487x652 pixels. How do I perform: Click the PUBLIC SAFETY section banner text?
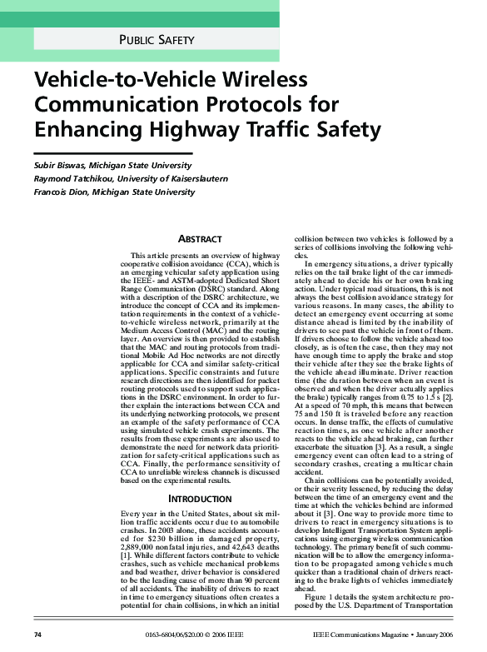click(x=157, y=39)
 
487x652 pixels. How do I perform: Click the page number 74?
click(x=37, y=635)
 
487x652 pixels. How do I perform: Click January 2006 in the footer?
click(x=441, y=635)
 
